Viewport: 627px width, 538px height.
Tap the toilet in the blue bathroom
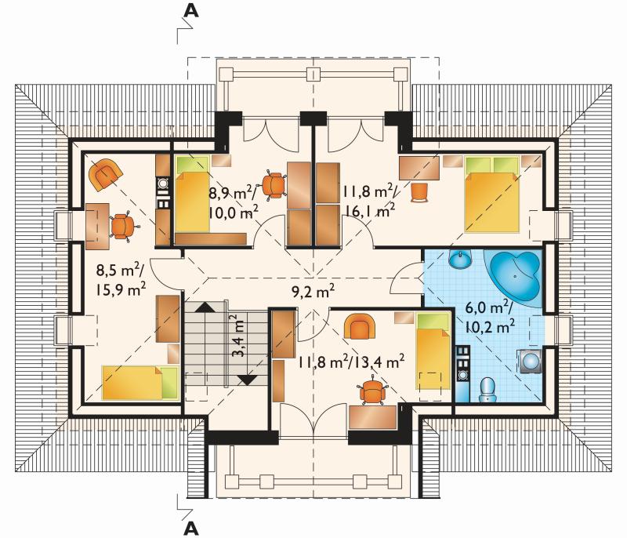point(487,389)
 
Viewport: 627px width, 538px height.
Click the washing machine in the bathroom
point(531,362)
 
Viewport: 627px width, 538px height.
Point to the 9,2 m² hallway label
point(313,292)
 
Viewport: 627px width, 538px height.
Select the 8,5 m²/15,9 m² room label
point(121,280)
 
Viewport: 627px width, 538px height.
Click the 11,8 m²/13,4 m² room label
point(350,362)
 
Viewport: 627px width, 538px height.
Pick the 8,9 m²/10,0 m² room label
point(234,202)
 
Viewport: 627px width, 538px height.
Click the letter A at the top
point(191,11)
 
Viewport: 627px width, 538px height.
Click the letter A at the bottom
point(191,529)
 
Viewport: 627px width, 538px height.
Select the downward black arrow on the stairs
point(247,380)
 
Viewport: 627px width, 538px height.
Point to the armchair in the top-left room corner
point(106,174)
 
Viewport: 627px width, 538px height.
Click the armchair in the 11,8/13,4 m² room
point(360,325)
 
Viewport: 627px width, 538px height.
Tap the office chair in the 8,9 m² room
point(274,184)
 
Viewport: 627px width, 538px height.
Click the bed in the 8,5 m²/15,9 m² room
point(140,383)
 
